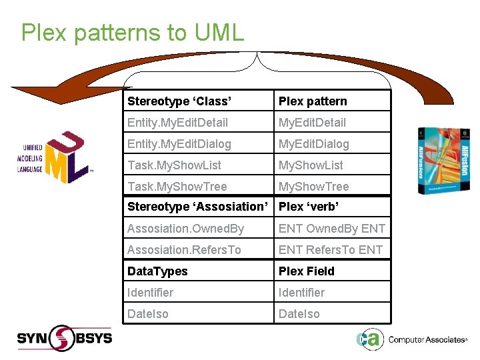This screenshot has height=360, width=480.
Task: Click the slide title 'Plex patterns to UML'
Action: point(133,33)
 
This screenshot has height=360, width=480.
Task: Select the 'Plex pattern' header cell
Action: point(313,101)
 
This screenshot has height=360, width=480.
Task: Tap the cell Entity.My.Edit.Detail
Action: point(177,123)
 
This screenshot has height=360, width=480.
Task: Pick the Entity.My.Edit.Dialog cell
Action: point(179,144)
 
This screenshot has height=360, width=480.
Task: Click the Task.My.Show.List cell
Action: point(174,165)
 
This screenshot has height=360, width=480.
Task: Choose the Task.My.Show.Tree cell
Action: point(177,187)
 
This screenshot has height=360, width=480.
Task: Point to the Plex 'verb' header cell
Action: point(309,207)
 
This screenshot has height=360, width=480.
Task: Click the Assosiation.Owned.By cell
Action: point(185,229)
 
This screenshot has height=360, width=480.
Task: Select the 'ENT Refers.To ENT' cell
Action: point(330,250)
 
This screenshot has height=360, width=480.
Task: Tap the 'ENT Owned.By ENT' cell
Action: point(331,229)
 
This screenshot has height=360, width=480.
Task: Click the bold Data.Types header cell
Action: point(157,271)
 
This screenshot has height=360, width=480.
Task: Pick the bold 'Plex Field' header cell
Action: point(306,271)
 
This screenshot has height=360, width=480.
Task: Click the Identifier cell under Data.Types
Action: point(150,293)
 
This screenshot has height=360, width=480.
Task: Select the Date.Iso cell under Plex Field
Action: point(299,314)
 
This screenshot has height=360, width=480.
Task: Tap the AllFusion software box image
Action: point(439,160)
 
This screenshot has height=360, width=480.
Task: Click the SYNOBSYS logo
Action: point(64,338)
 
